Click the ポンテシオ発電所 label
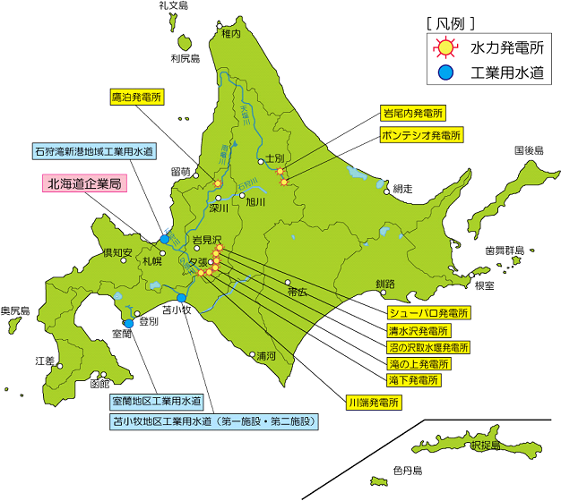421,135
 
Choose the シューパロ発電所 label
428,312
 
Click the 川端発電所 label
373,403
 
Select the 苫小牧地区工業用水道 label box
213,420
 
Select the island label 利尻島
186,59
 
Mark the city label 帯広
298,292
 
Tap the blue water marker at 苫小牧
182,298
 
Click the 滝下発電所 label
414,380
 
